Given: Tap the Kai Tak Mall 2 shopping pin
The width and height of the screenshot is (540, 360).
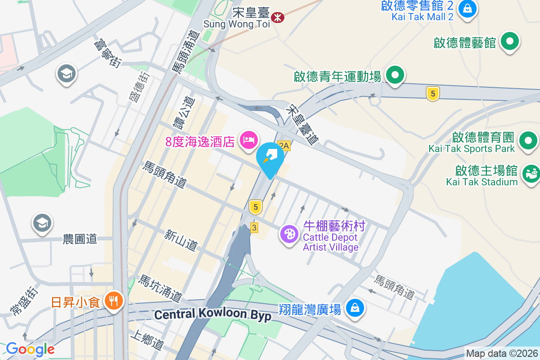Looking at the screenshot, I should (468, 9).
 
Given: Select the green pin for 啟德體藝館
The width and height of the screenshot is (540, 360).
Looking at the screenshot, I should (510, 42).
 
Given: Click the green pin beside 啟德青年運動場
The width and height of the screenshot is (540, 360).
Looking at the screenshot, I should (395, 76).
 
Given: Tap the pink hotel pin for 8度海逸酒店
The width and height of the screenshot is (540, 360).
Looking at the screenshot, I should (248, 140).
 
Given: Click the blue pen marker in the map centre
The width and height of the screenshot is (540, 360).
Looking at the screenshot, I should (270, 157).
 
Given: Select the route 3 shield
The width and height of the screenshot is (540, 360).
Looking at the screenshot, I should (255, 228).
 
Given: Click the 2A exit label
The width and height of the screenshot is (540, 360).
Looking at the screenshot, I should (283, 145).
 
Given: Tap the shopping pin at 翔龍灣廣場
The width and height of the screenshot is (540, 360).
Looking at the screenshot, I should (355, 308).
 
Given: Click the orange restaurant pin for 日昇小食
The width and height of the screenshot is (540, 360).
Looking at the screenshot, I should (112, 300).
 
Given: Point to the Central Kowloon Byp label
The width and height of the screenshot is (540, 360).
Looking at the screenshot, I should (213, 315).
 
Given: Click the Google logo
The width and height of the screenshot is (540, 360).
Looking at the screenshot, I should (30, 349).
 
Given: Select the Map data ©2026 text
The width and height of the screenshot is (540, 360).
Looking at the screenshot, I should (502, 353).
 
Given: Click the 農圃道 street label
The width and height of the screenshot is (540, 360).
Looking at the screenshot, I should (80, 239).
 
